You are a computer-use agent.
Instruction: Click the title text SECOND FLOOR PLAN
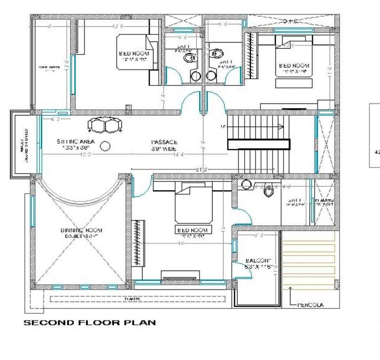tap(89, 322)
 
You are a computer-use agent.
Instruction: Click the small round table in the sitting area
tap(105, 146)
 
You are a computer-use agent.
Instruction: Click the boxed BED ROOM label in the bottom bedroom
tap(192, 230)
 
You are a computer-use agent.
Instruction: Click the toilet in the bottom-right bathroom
tap(269, 191)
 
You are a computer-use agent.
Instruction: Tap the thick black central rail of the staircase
tap(259, 145)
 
